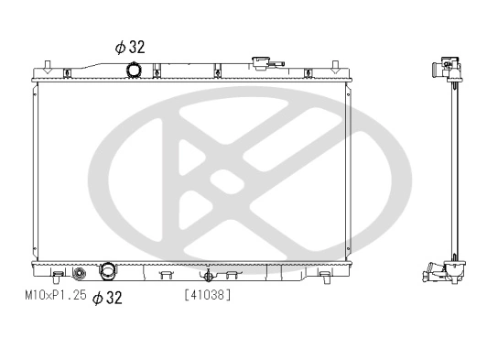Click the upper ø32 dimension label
pos(130,46)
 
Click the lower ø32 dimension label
pos(107,297)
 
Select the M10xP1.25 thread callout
pos(55,297)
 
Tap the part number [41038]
pos(207,295)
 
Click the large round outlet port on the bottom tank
pos(108,272)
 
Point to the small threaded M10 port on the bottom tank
pos(80,273)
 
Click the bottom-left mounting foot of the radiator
pos(57,274)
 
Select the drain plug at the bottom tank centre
pos(208,273)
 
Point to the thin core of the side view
pos(450,169)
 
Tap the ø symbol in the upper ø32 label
pos(119,46)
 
